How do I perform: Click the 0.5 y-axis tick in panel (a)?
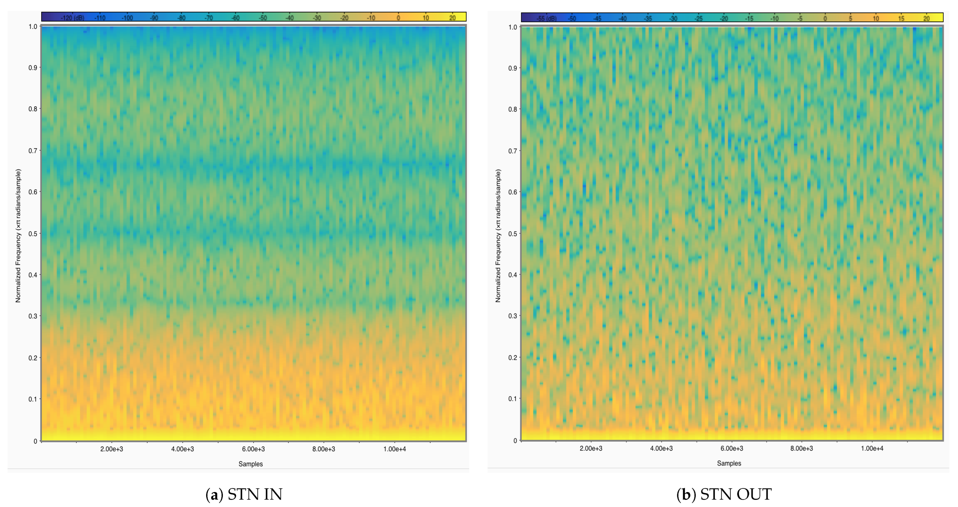33,234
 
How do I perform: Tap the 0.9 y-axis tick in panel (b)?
513,68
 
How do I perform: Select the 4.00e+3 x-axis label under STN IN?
182,449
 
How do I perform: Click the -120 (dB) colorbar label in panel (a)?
73,18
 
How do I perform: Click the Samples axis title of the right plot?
729,463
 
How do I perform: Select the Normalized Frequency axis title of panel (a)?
18,236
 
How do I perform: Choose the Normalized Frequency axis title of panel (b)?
498,236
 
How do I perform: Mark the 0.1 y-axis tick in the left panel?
33,399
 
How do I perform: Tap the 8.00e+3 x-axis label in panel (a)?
324,449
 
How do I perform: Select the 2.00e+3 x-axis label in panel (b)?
591,448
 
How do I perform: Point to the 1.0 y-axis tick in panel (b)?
513,27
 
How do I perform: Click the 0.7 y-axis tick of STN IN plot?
33,151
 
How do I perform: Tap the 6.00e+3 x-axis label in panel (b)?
731,448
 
